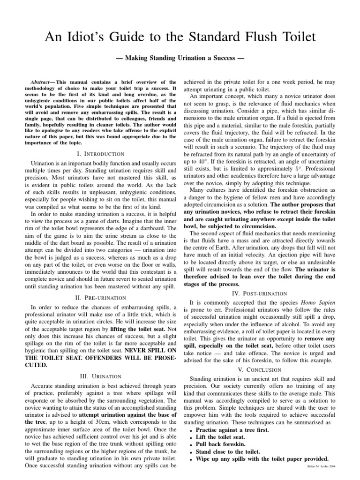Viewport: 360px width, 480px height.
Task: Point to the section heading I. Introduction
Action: point(100,154)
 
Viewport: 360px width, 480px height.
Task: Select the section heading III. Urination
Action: point(100,376)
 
